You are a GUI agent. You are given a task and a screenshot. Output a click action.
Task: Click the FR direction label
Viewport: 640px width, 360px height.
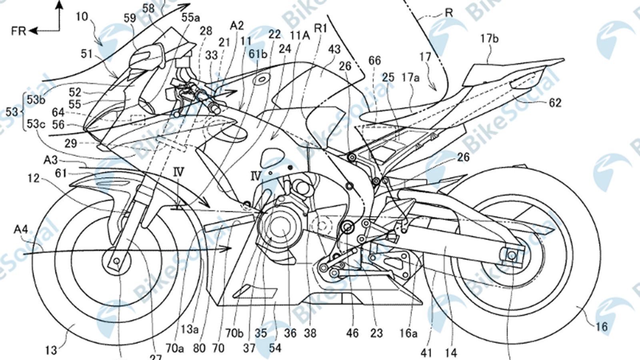pos(18,31)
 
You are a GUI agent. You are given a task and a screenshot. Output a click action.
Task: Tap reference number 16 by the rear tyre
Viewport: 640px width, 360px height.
pos(601,327)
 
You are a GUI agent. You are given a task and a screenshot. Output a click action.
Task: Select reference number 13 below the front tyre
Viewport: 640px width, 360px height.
pos(51,351)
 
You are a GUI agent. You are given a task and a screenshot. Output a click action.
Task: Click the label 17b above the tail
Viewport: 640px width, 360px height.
pos(490,39)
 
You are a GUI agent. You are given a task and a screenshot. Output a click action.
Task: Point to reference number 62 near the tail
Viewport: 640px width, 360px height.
pos(554,103)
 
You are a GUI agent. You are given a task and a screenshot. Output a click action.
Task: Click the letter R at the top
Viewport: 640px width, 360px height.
pos(449,13)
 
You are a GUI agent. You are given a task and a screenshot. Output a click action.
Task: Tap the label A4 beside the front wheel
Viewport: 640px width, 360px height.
pos(21,229)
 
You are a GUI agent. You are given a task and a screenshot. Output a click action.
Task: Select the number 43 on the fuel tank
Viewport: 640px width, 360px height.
pos(334,49)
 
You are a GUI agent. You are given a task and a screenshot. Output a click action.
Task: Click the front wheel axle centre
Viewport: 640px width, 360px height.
pos(116,261)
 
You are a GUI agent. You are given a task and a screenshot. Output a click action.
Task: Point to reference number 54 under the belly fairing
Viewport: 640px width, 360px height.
pos(275,347)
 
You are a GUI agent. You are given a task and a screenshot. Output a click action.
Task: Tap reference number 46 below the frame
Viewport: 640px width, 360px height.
pos(352,333)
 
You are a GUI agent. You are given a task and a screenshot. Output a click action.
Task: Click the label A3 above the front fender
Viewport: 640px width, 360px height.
pos(50,160)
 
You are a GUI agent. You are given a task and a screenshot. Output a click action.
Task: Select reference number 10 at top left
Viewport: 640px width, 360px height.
pos(82,16)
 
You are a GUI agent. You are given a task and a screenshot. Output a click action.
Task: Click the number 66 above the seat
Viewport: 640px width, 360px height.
pos(375,61)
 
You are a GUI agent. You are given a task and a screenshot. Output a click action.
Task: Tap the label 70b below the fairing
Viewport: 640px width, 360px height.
pos(234,333)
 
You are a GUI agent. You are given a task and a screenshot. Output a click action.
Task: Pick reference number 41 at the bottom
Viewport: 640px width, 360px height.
pos(426,352)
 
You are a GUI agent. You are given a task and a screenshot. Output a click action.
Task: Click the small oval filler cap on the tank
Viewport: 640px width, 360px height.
pos(261,80)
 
